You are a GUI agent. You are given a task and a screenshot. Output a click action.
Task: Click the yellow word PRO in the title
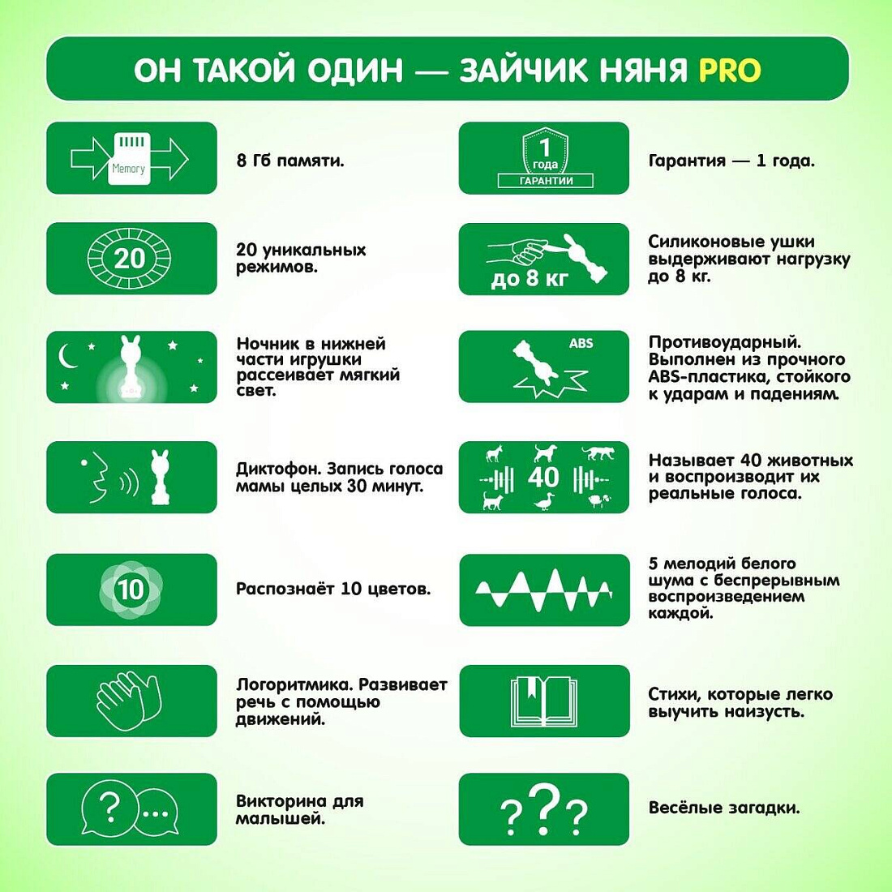coord(729,70)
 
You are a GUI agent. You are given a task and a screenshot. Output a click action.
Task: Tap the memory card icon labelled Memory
coord(129,159)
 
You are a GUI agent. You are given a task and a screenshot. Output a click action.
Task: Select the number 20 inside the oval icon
coord(130,259)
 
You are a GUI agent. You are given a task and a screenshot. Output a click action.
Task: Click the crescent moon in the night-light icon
coord(68,357)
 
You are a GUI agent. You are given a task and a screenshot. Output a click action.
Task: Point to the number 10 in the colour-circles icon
coord(131,590)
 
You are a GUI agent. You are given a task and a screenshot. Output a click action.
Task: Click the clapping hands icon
coord(129,701)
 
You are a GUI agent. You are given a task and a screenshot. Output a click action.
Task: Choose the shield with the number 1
coord(545,150)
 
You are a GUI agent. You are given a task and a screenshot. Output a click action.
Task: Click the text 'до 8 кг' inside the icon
coord(529,279)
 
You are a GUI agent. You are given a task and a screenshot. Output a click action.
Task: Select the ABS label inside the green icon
coord(581,343)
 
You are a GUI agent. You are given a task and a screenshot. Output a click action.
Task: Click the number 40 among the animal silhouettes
coord(543,477)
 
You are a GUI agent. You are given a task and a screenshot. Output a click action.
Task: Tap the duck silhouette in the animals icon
coord(543,501)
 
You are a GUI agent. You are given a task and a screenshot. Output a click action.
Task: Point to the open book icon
coord(544,701)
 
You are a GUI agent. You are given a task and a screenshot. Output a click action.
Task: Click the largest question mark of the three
coord(544,809)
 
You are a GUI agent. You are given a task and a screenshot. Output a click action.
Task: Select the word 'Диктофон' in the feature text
coord(279,470)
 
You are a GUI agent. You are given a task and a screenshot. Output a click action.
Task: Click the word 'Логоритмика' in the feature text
coord(294,685)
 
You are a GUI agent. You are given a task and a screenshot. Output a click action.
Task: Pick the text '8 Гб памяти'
coord(290,161)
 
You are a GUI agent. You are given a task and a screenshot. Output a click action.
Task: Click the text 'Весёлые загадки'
coord(724,808)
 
